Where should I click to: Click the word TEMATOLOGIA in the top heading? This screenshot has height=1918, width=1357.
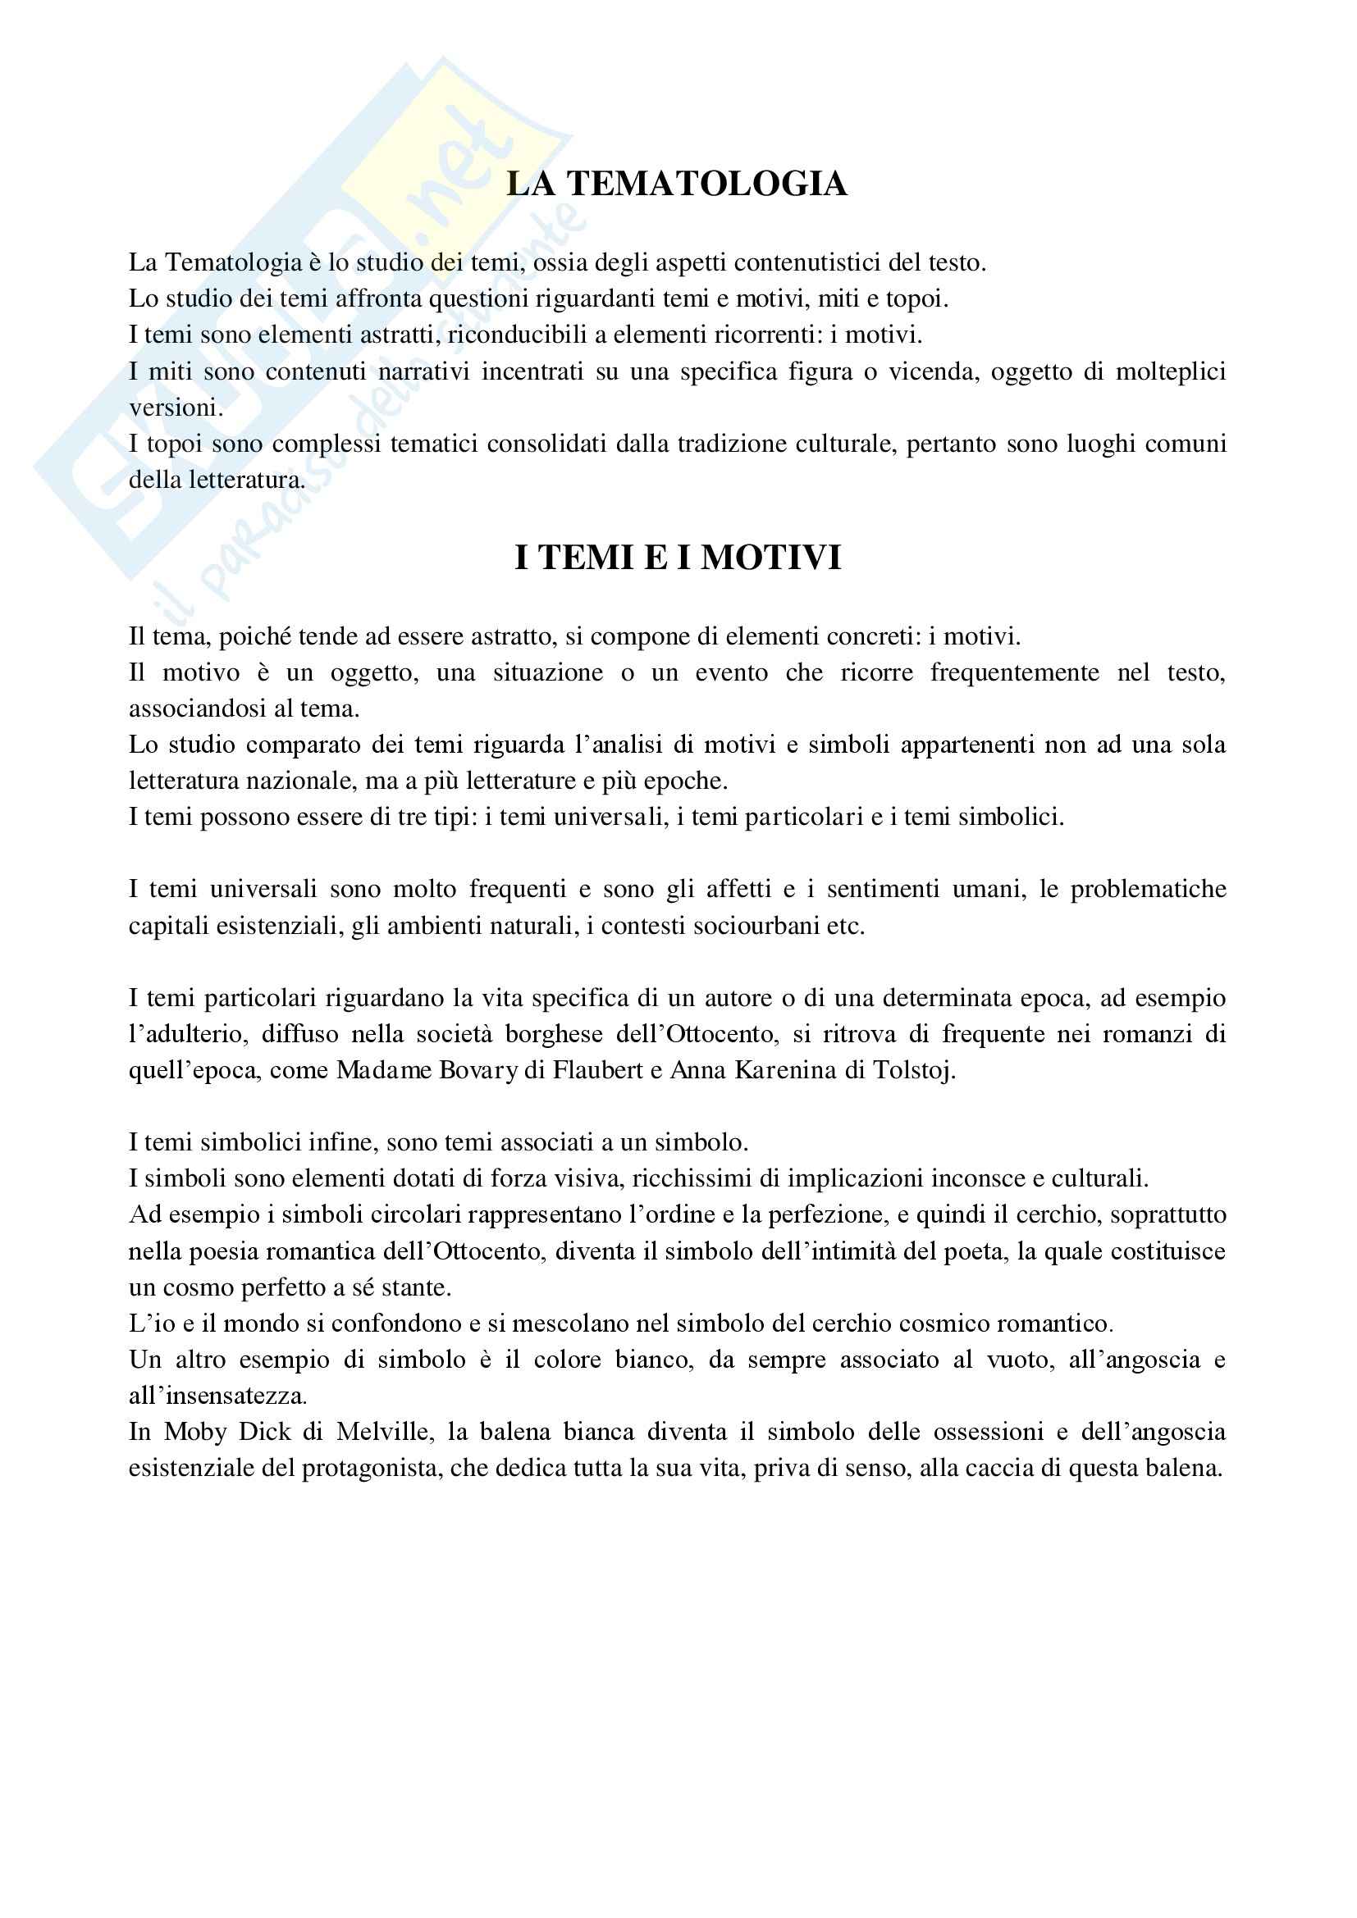(707, 184)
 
